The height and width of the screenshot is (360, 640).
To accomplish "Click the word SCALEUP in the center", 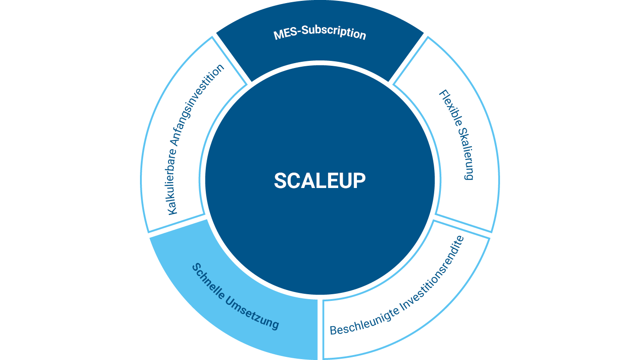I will coord(320,180).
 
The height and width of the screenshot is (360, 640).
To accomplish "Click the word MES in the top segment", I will coord(285,34).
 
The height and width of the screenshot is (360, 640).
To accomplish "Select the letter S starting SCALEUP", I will coord(280,180).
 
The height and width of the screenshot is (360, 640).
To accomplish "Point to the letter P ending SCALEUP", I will coord(360,180).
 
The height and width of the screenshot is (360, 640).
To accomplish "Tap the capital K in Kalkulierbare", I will coord(173,209).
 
